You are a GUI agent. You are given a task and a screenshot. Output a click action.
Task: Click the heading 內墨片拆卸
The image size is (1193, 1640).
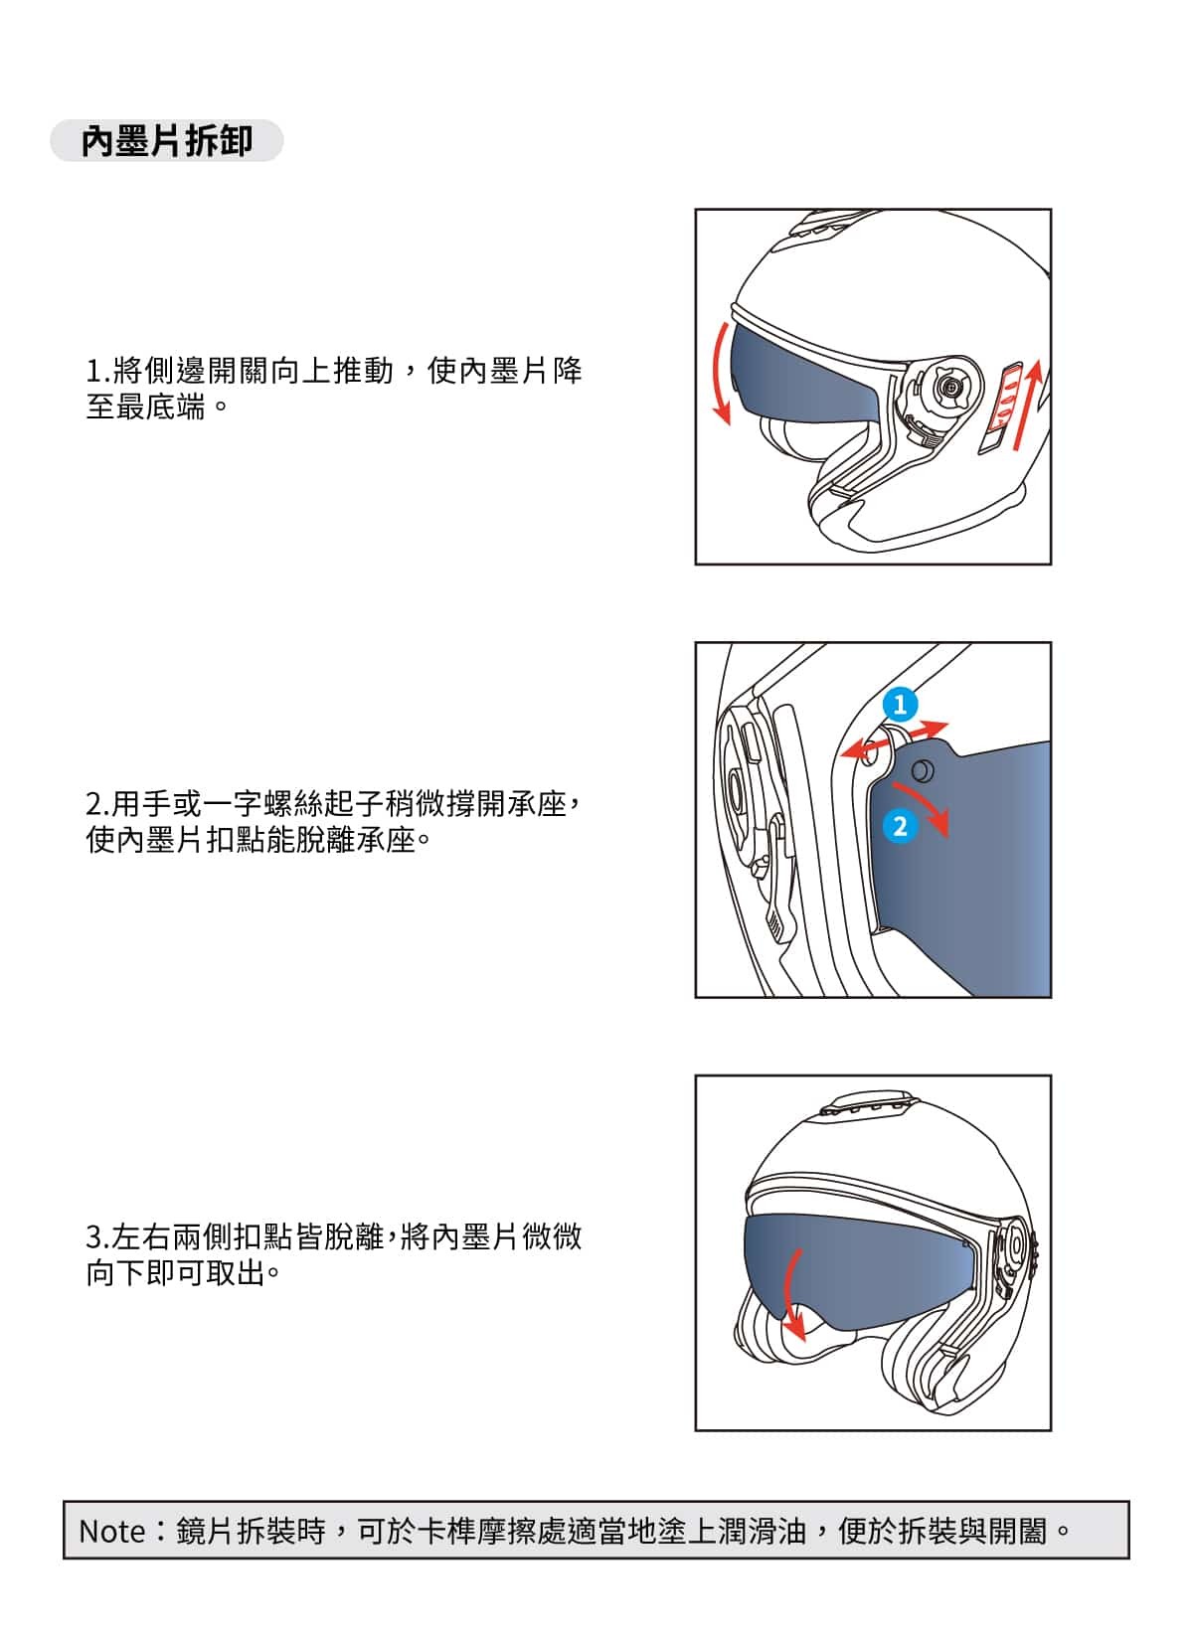click(x=166, y=140)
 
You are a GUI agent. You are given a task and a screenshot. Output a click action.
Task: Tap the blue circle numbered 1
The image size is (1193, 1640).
click(x=900, y=705)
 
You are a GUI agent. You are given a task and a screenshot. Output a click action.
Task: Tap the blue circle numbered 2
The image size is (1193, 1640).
click(x=900, y=826)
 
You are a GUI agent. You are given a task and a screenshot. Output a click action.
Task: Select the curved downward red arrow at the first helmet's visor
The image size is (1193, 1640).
click(x=719, y=374)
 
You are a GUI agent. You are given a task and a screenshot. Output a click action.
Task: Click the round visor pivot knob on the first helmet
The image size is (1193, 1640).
click(x=950, y=386)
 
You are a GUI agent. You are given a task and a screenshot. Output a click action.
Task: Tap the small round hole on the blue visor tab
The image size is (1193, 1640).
click(x=922, y=769)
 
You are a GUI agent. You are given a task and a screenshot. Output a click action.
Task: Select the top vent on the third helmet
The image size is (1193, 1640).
click(x=867, y=1105)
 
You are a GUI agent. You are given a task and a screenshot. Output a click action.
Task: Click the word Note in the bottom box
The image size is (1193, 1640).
click(x=111, y=1531)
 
